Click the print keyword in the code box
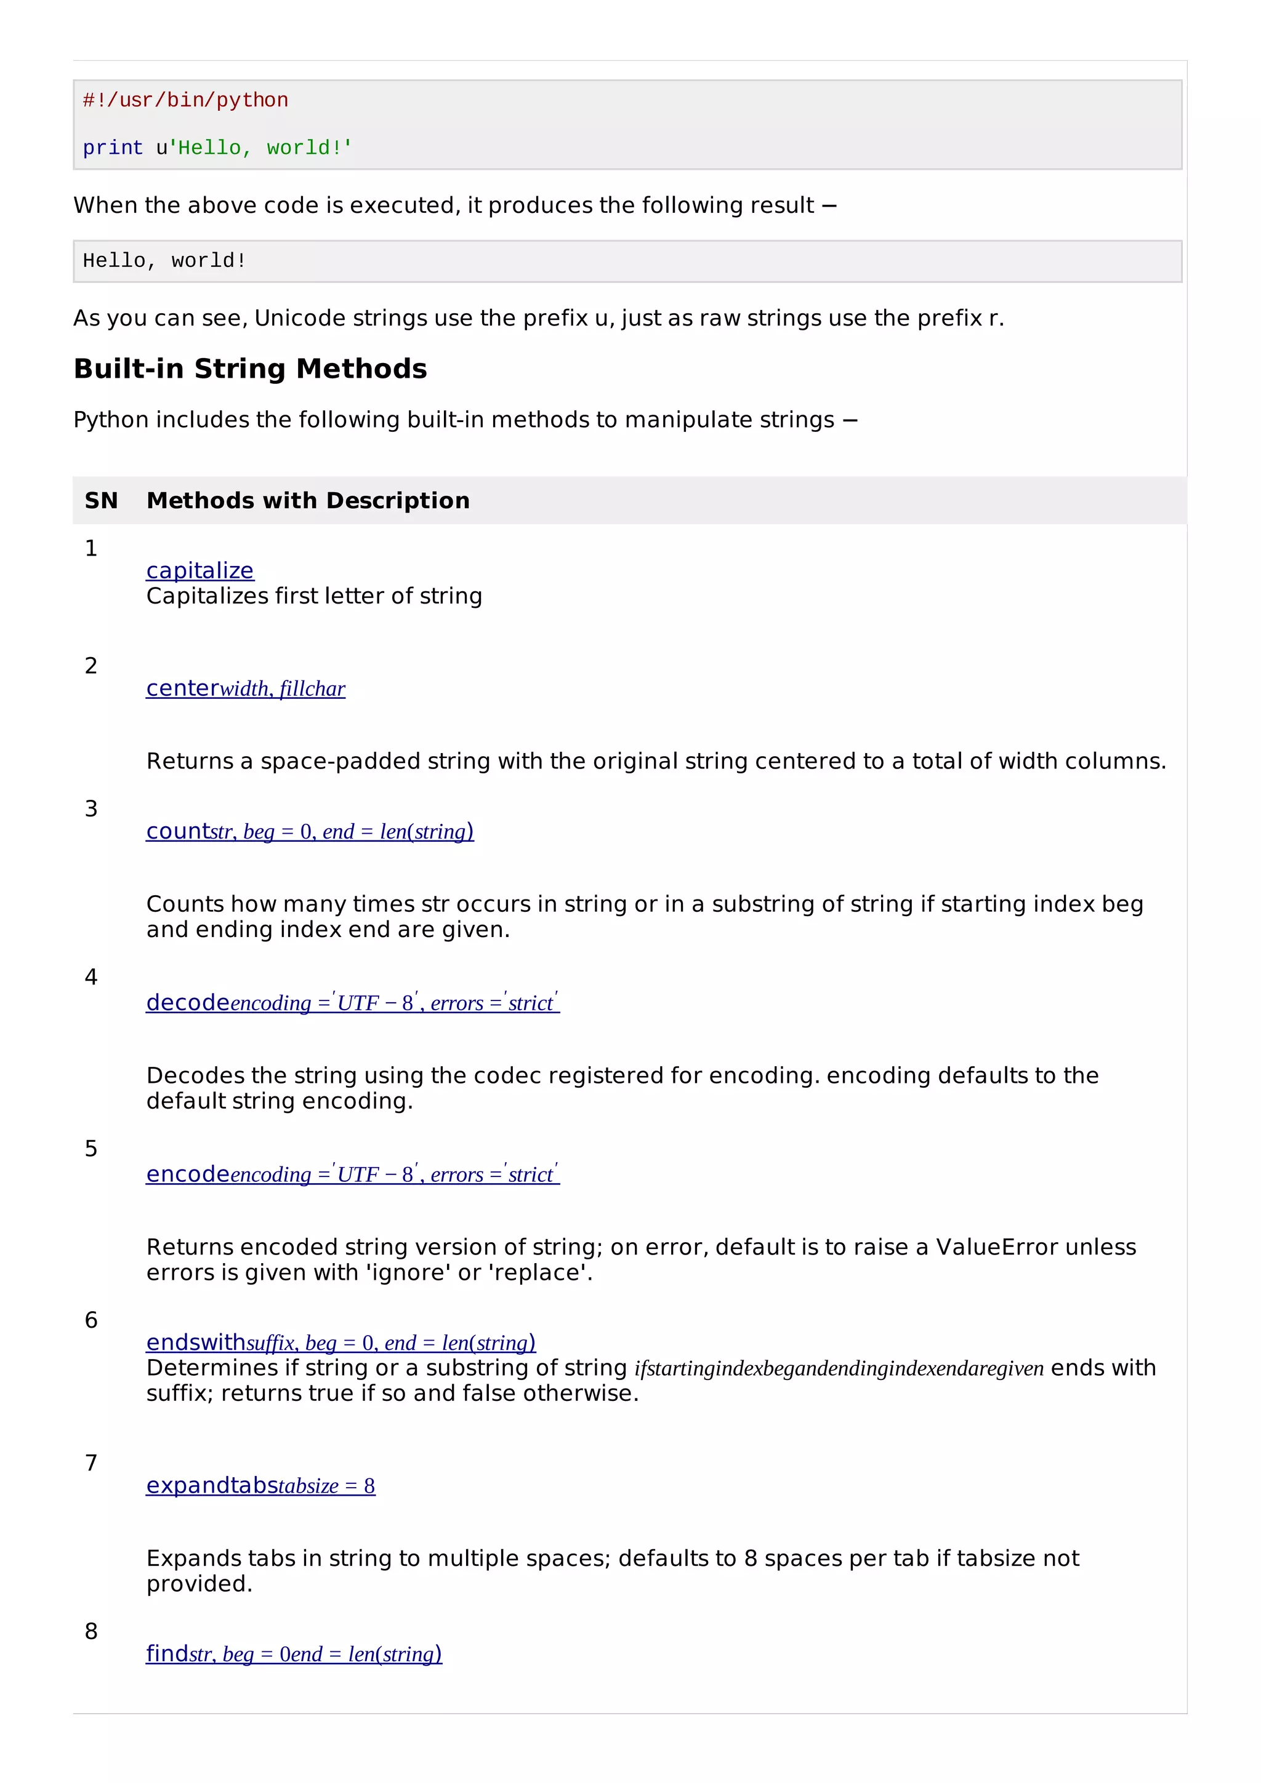point(113,148)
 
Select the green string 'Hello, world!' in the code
point(260,148)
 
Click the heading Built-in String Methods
point(250,369)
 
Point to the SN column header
point(101,501)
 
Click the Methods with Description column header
point(308,501)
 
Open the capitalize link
point(199,571)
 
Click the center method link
point(246,689)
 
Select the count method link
point(309,832)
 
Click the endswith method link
point(340,1342)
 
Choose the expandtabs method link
point(260,1486)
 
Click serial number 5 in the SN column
point(91,1149)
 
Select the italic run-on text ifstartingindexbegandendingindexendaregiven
point(839,1368)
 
